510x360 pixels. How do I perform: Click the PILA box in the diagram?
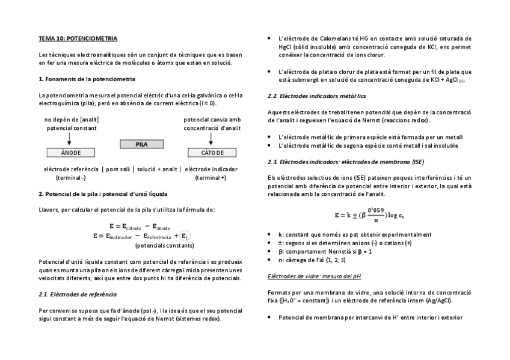pyautogui.click(x=141, y=144)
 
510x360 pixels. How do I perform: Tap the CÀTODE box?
pyautogui.click(x=212, y=153)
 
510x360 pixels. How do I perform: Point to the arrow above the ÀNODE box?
pyautogui.click(x=70, y=139)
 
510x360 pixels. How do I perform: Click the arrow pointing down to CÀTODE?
pyautogui.click(x=212, y=139)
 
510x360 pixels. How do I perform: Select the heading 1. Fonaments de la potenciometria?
pyautogui.click(x=87, y=79)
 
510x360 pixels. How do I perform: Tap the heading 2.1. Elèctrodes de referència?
pyautogui.click(x=77, y=294)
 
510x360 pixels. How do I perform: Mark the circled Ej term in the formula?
pyautogui.click(x=185, y=236)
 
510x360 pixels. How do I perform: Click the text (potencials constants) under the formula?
pyautogui.click(x=164, y=245)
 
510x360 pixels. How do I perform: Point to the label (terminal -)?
pyautogui.click(x=70, y=178)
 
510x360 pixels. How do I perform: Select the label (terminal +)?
pyautogui.click(x=210, y=178)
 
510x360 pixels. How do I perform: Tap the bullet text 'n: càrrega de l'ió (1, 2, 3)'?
pyautogui.click(x=312, y=260)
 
